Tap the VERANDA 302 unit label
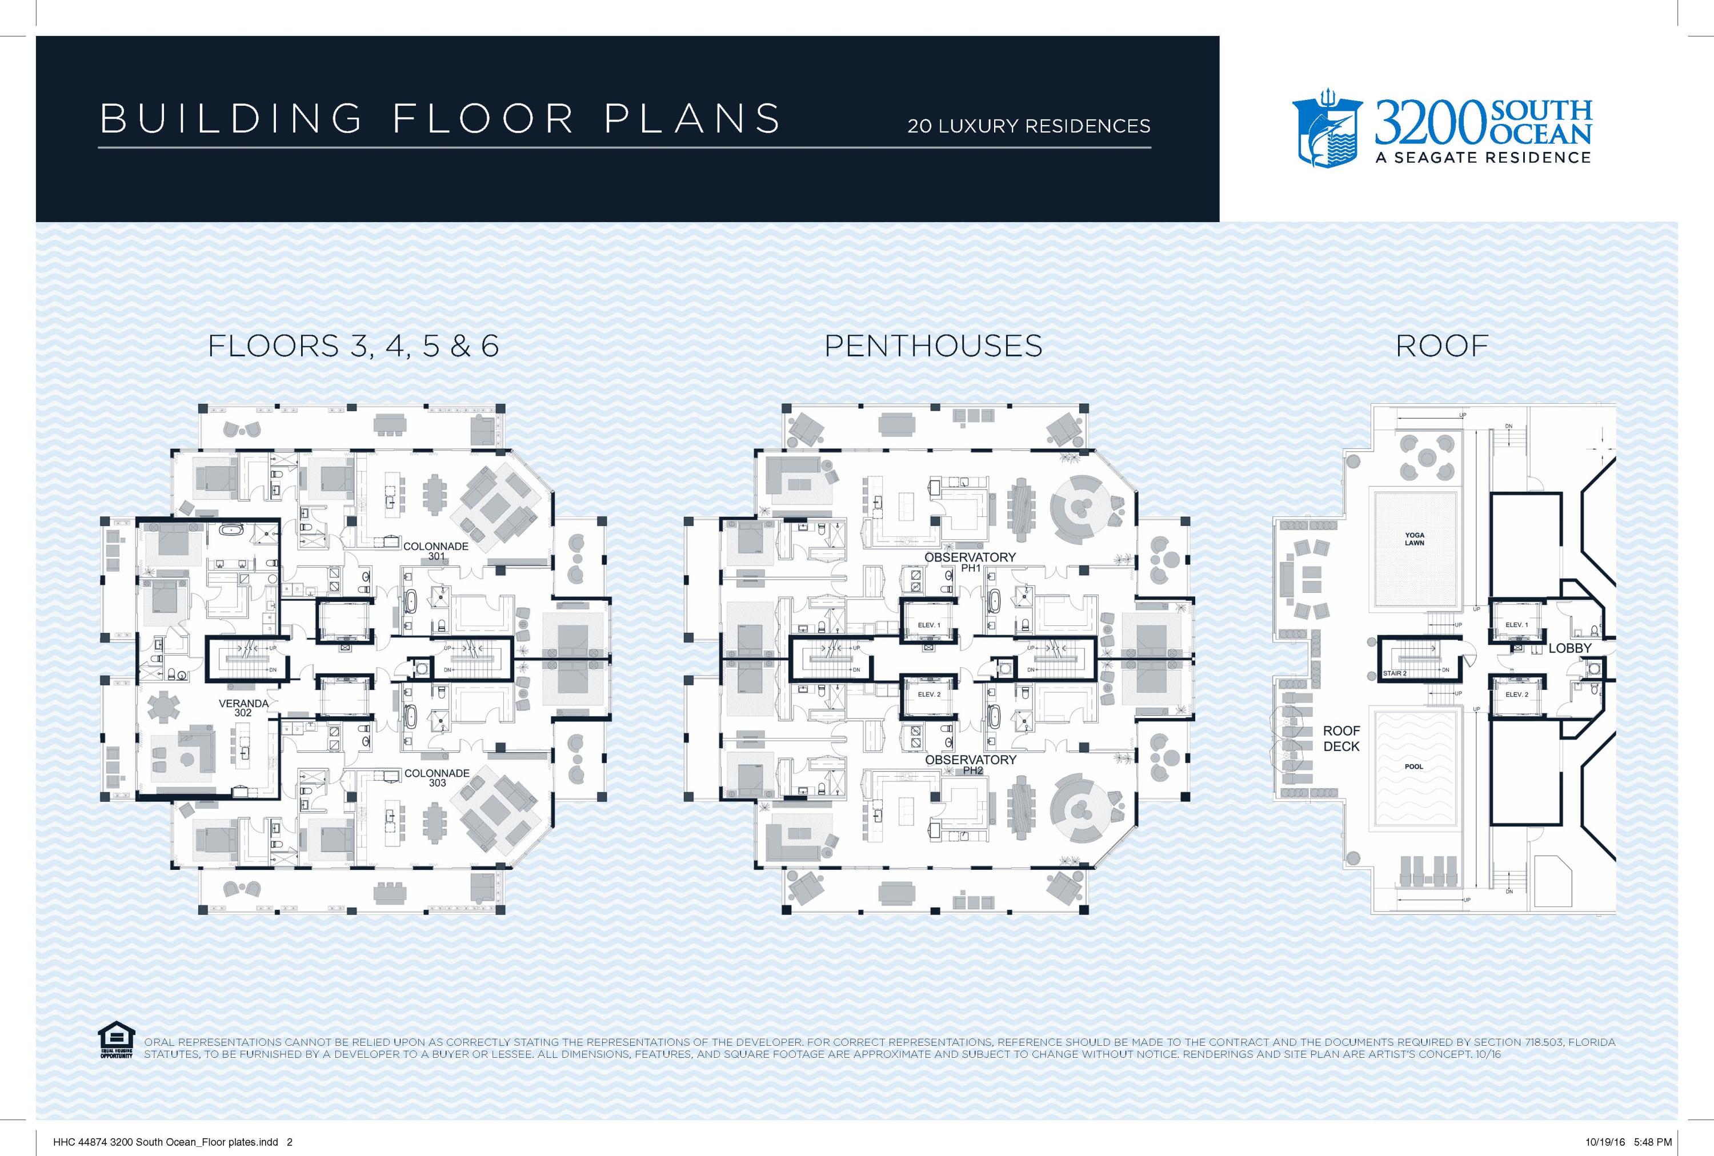243,708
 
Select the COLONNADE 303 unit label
436,778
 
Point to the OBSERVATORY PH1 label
970,562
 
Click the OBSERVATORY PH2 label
971,765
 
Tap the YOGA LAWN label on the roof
1414,539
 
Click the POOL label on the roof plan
1414,766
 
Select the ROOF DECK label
1341,738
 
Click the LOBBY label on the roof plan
1569,648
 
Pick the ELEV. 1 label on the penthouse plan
928,625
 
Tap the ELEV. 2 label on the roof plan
1516,695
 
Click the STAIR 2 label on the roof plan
1395,674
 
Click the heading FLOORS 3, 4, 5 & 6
353,346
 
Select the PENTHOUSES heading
933,346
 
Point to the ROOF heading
1442,346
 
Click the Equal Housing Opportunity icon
116,1039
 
